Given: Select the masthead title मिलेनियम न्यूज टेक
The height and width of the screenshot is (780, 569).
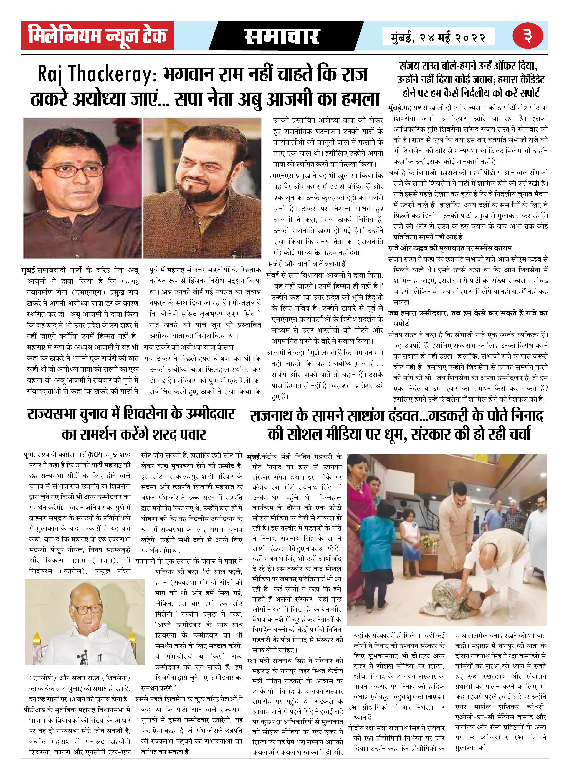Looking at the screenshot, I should coord(97,36).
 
